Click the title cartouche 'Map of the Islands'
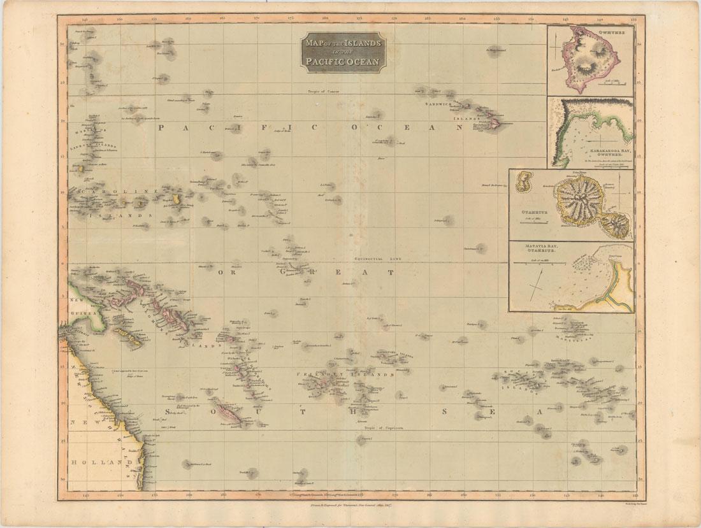pyautogui.click(x=343, y=52)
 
